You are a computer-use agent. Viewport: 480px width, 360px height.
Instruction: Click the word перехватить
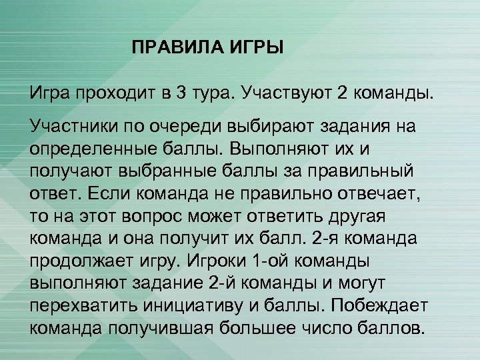click(83, 305)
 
